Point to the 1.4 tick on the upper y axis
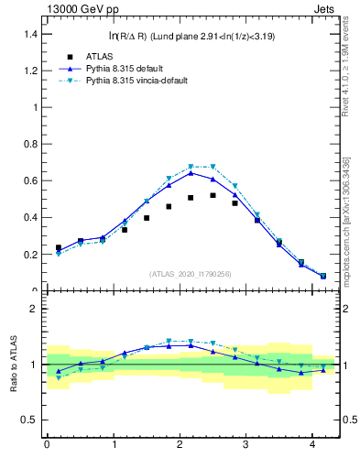pyautogui.click(x=31, y=34)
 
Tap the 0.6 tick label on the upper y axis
pyautogui.click(x=31, y=180)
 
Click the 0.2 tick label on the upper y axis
pyautogui.click(x=31, y=255)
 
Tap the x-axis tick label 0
pyautogui.click(x=47, y=445)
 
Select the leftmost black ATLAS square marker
pyautogui.click(x=59, y=247)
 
